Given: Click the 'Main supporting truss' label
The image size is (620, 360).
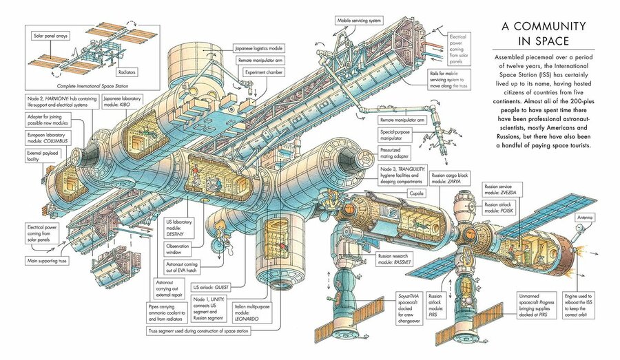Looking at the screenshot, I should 50,262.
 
